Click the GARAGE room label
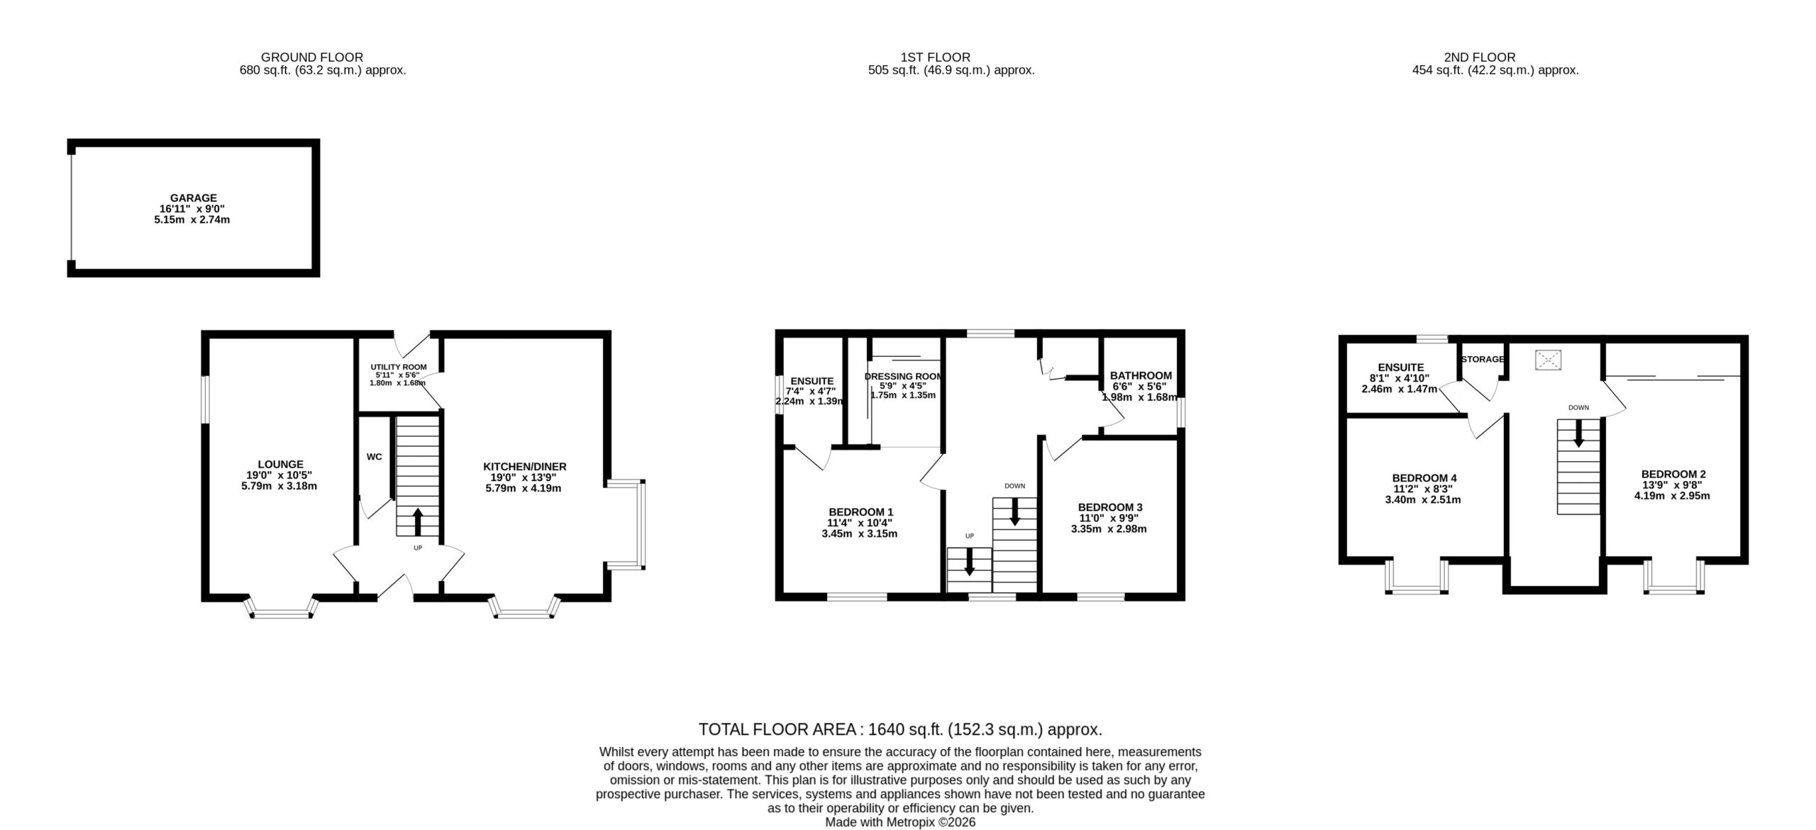[x=193, y=198]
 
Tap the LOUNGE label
[x=280, y=465]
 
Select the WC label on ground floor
[x=374, y=457]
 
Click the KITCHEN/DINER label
[x=525, y=467]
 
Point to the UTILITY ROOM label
[x=399, y=367]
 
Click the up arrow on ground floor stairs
[x=417, y=521]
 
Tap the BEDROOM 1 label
[x=860, y=512]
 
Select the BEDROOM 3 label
[x=1110, y=507]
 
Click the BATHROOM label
[x=1141, y=376]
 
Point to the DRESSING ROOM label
[x=904, y=377]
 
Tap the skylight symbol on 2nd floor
[x=1548, y=360]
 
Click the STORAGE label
[x=1483, y=360]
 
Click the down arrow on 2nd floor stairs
[x=1578, y=433]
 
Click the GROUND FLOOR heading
[x=312, y=57]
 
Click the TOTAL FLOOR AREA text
[x=900, y=729]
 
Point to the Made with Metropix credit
[x=900, y=823]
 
